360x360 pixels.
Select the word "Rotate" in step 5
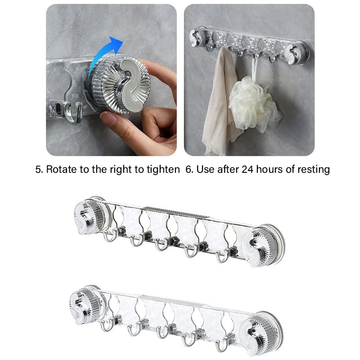tap(61, 170)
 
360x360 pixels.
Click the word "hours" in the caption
tap(271, 170)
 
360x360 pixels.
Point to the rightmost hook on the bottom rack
tap(220, 345)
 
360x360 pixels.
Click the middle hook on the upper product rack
tap(160, 245)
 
